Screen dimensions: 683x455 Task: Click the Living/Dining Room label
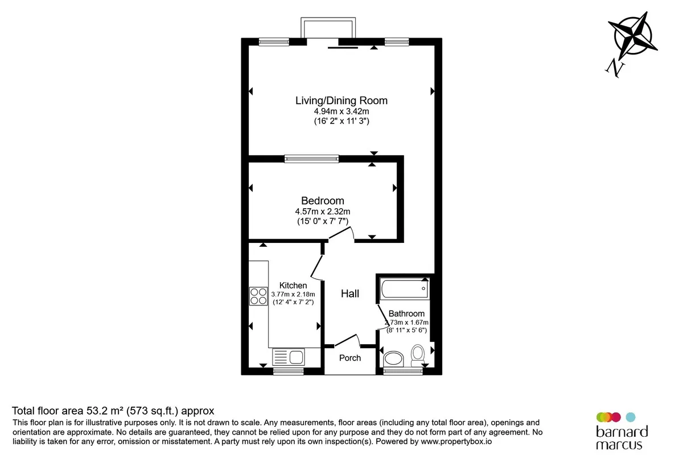pos(341,101)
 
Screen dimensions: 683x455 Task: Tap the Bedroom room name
pos(323,201)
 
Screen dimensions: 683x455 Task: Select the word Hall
pos(349,293)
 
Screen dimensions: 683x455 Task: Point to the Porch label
pos(349,358)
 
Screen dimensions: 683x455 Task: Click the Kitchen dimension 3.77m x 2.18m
pos(293,295)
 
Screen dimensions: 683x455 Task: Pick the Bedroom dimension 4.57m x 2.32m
pos(323,211)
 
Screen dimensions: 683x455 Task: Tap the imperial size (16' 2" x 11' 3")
pos(341,121)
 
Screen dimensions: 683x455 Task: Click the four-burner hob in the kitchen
pos(258,296)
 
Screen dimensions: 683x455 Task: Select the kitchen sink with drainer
pos(288,357)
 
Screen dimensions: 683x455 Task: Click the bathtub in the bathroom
pos(405,288)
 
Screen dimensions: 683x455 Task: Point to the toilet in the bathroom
pos(417,355)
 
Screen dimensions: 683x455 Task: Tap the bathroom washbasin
pos(393,359)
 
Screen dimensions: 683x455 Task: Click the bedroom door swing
pos(341,234)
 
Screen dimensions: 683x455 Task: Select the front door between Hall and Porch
pos(347,341)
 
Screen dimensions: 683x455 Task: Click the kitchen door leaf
pos(316,266)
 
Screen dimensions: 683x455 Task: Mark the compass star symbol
pos(633,36)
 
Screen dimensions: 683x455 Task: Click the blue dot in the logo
pos(631,417)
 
